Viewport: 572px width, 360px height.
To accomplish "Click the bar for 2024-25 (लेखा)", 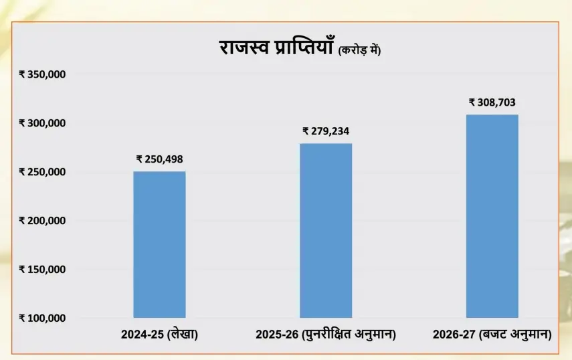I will (x=159, y=244).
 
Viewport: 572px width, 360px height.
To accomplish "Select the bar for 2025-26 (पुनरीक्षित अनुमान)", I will (x=326, y=230).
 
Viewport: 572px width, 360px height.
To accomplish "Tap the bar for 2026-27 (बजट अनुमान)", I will (x=492, y=215).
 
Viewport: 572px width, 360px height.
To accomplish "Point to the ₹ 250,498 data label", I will (x=159, y=159).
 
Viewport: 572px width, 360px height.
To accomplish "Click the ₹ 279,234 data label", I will (x=326, y=131).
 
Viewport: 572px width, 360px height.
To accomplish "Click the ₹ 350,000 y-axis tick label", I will (x=42, y=74).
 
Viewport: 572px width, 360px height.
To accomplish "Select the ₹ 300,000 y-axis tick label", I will (x=42, y=123).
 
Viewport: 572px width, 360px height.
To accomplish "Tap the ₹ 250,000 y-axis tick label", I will (x=42, y=172).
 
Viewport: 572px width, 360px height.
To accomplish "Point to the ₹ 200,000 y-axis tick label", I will (x=42, y=221).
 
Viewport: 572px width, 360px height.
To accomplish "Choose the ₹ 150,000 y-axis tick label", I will (x=42, y=270).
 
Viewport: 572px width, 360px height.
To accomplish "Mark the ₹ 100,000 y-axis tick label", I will (x=42, y=318).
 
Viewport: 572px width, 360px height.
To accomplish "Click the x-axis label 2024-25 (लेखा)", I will (x=160, y=334).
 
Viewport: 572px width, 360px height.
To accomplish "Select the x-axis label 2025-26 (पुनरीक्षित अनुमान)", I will (x=326, y=334).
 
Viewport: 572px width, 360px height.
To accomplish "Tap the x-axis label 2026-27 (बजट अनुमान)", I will (x=492, y=334).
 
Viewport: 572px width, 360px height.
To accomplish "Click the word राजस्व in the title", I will (x=245, y=48).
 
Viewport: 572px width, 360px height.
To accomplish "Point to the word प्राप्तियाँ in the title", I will (x=301, y=48).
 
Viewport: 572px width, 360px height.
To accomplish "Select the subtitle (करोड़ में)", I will (x=359, y=50).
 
